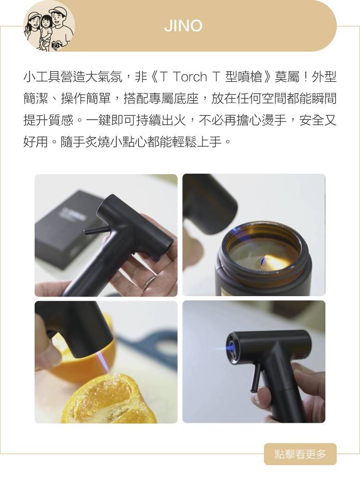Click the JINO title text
[x=183, y=26]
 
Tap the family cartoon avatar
[x=49, y=26]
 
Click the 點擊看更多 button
[x=300, y=454]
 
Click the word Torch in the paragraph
[x=190, y=76]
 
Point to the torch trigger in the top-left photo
[x=94, y=231]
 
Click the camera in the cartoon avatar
[x=56, y=45]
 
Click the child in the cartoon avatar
[x=45, y=30]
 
